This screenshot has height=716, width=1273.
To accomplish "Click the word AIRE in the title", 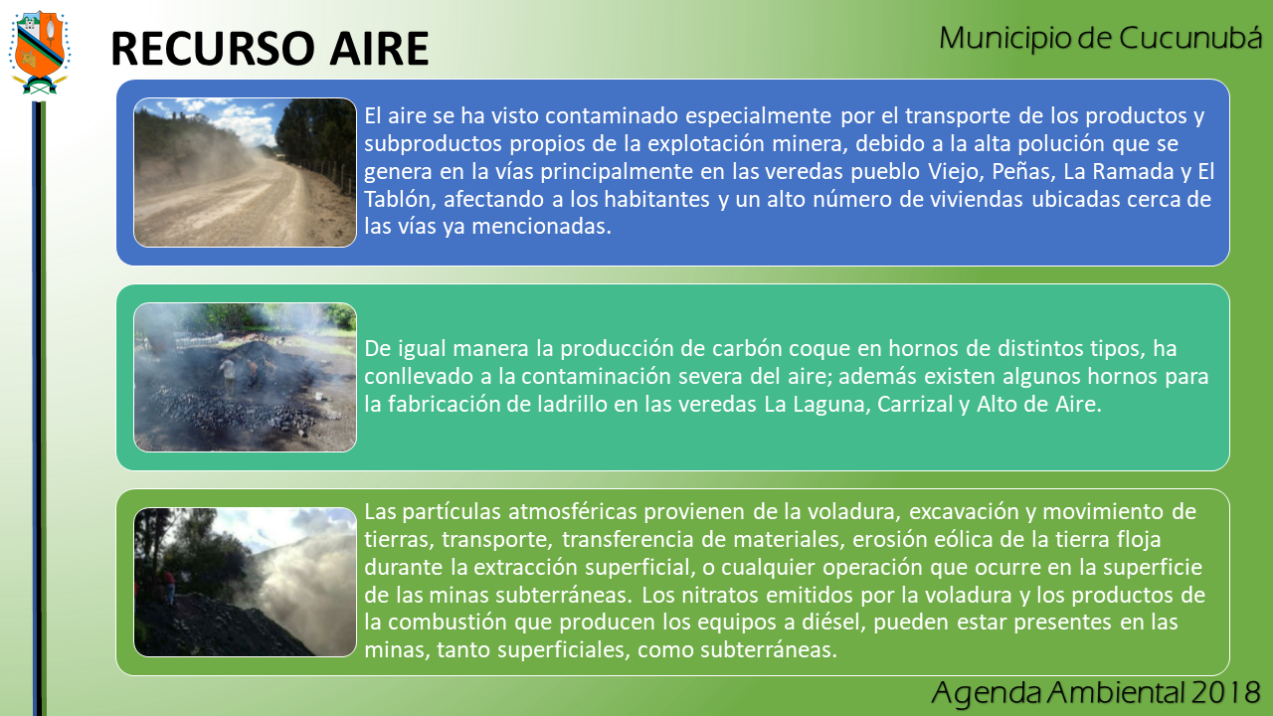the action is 379,49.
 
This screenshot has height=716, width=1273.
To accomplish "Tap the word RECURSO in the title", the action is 213,49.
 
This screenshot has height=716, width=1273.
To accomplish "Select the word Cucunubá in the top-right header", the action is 1190,38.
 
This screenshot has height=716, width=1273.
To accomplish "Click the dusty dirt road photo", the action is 245,173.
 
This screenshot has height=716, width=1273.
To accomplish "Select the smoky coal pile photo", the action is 245,377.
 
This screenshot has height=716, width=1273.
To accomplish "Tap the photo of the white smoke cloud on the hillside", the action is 245,582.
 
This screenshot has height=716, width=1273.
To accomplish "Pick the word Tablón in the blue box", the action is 400,200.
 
